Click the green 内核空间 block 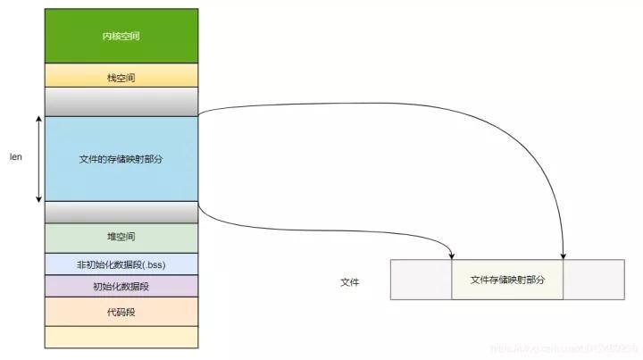pos(121,36)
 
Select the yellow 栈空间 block pos(121,77)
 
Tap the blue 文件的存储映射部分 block pos(121,158)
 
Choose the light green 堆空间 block pos(121,237)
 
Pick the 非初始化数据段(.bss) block pos(121,264)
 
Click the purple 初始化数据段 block pos(121,287)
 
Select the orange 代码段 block pos(121,312)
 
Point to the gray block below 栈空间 pos(121,101)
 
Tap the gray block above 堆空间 pos(121,212)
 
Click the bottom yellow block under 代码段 pos(121,336)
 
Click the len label pos(16,157)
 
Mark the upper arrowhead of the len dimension pos(38,119)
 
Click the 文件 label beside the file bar pos(350,281)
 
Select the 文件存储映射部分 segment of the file pos(507,280)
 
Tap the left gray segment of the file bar pos(422,280)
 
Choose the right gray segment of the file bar pos(593,280)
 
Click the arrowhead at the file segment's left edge pos(452,257)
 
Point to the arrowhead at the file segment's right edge pos(564,257)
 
